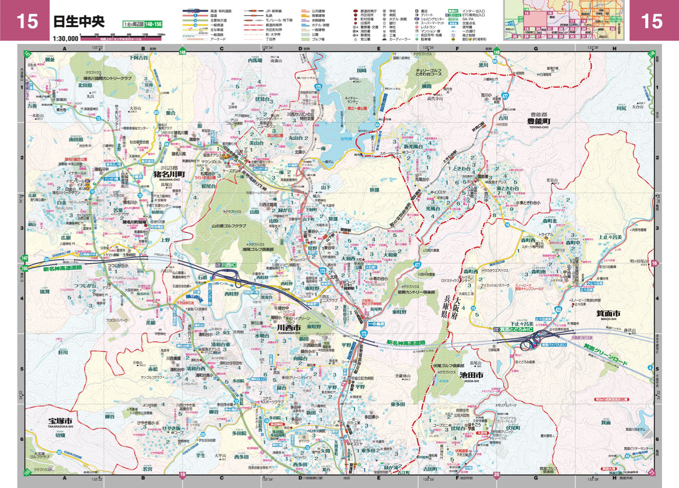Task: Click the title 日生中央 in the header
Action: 79,21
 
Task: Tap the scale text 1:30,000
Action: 65,39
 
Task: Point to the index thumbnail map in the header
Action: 566,20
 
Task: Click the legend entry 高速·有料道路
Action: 221,10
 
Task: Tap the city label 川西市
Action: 289,326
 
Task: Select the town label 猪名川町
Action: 169,173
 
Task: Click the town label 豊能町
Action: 539,121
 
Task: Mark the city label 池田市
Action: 471,375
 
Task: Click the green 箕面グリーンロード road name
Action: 605,354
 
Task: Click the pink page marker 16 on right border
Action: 655,264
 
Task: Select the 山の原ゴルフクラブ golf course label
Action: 228,226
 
